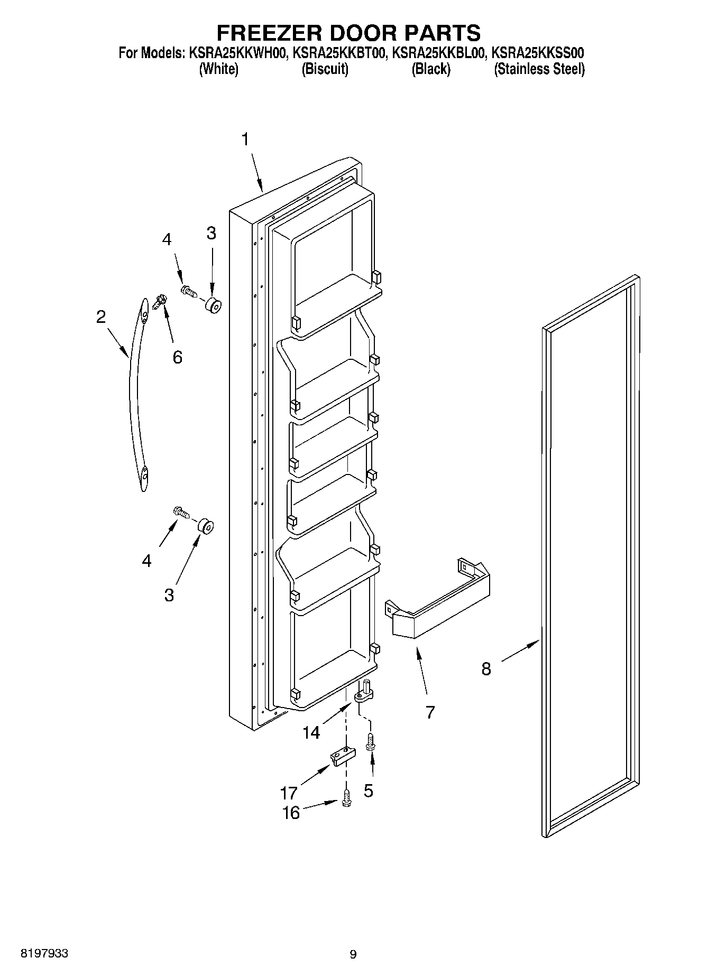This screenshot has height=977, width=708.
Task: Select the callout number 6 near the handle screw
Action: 177,357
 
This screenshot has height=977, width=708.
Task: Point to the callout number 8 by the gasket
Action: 486,669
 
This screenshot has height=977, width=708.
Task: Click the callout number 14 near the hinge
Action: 311,732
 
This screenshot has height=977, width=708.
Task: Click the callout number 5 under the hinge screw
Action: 369,790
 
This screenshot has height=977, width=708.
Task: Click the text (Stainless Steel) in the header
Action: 539,69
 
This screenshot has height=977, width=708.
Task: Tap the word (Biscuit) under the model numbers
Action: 325,69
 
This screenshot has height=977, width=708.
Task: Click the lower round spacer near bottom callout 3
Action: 205,526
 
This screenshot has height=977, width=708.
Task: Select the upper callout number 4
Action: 167,239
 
